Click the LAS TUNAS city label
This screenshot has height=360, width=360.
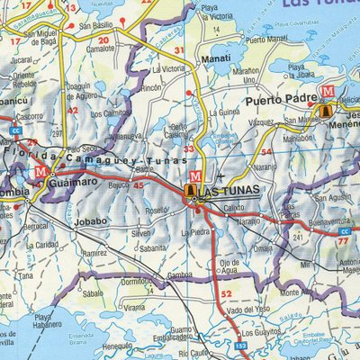227,191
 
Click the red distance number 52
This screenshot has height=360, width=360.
226,294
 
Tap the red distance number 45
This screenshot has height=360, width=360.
138,185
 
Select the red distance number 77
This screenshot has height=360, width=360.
342,241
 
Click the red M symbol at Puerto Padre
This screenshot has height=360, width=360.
327,92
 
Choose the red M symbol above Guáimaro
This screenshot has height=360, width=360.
40,170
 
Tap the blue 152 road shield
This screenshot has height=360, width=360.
241,346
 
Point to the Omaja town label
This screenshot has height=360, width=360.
263,247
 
